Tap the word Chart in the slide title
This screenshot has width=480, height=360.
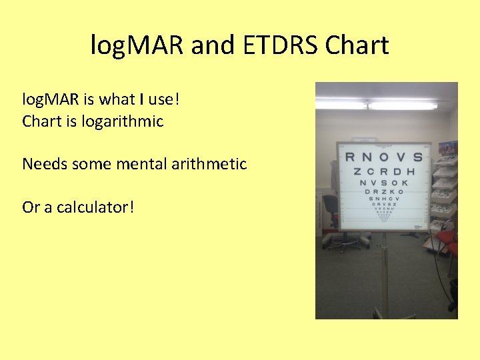point(357,46)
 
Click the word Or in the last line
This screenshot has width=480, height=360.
point(31,207)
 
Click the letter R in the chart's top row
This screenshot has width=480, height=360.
point(349,157)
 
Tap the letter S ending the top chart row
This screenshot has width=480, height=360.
point(417,157)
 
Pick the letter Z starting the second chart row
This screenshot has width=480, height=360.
point(357,171)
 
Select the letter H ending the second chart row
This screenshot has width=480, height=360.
point(411,171)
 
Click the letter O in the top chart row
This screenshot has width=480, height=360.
point(383,157)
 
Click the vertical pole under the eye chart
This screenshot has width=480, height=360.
point(385,273)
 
